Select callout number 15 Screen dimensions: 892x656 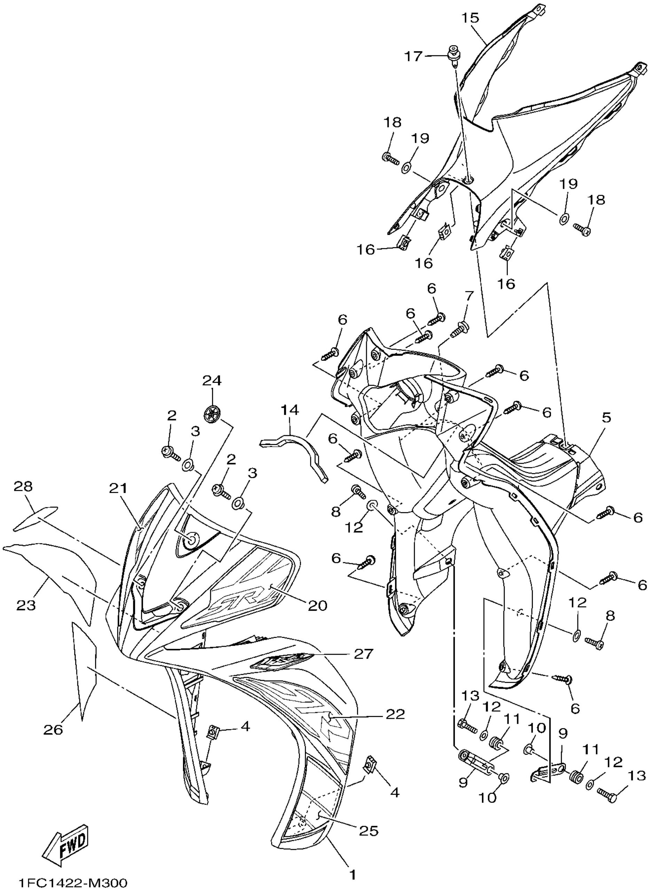click(470, 18)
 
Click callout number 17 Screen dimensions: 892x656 click(413, 56)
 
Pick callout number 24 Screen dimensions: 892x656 click(212, 381)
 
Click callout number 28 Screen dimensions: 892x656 click(23, 486)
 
